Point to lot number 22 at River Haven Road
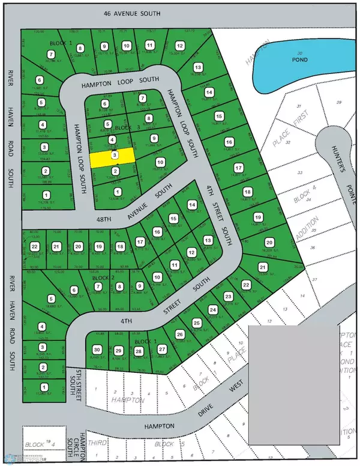click(35, 247)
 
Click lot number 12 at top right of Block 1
click(179, 45)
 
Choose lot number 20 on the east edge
click(268, 243)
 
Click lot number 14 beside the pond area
click(209, 92)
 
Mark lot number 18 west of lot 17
click(121, 247)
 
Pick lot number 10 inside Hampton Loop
click(160, 163)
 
